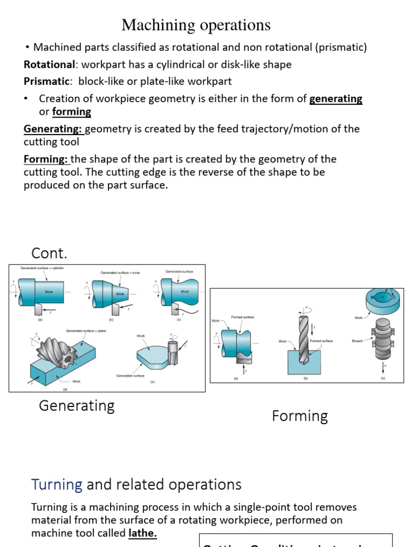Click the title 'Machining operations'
(x=196, y=25)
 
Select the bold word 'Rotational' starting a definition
(x=49, y=65)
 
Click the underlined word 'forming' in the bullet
(x=72, y=112)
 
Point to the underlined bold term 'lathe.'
(x=142, y=533)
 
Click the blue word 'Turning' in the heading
(x=57, y=485)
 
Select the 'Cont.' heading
(x=50, y=252)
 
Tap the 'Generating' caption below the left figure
(x=77, y=405)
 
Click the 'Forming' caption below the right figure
(x=299, y=416)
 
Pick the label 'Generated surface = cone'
(x=120, y=272)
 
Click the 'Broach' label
(x=358, y=340)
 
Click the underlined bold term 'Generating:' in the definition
(x=53, y=129)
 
